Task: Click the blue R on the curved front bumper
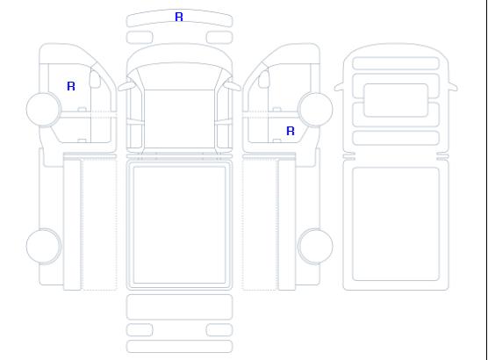point(179,17)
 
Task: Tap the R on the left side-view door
point(71,86)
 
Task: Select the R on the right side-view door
point(291,131)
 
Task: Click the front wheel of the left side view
point(44,110)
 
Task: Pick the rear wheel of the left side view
point(44,246)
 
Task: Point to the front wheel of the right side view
point(315,110)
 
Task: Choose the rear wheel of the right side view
point(315,246)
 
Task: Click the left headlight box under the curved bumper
point(140,38)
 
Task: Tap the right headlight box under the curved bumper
point(219,38)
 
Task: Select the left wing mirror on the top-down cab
point(126,86)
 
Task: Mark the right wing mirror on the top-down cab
point(233,85)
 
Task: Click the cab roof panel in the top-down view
point(179,119)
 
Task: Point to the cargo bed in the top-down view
point(179,225)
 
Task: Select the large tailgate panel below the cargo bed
point(179,307)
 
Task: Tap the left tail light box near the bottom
point(140,330)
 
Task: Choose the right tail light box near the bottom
point(219,330)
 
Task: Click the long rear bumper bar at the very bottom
point(179,347)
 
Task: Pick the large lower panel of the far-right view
point(396,224)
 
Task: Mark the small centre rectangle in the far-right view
point(396,100)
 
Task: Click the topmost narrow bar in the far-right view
point(396,63)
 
